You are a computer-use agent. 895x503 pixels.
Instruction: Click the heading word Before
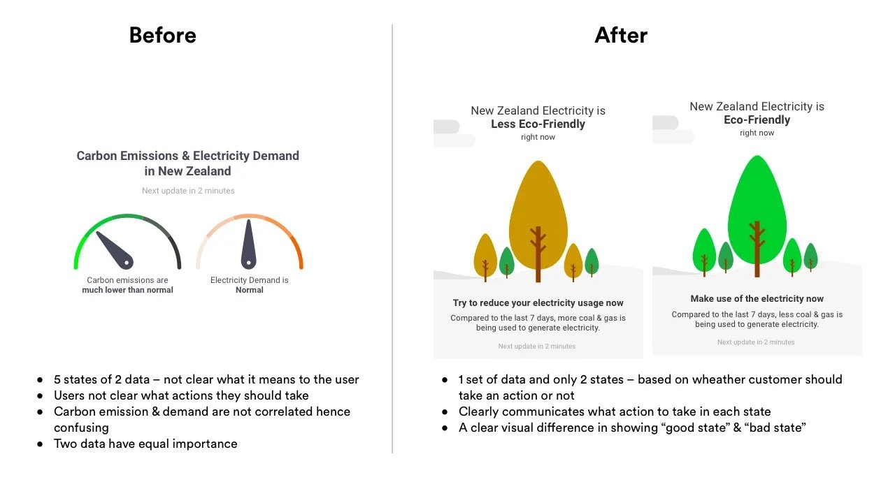[162, 35]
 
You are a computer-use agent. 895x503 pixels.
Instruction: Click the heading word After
[621, 35]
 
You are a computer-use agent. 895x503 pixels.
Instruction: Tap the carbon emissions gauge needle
[113, 249]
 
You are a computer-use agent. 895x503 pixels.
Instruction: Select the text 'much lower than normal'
[127, 290]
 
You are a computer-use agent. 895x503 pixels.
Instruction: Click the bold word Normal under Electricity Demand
[250, 290]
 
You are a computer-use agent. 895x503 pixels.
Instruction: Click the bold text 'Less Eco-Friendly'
[538, 124]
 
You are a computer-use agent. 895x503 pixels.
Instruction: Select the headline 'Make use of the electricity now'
[757, 298]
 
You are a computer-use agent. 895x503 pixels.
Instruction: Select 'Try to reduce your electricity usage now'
[538, 302]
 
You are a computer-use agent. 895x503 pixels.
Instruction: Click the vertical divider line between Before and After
[392, 238]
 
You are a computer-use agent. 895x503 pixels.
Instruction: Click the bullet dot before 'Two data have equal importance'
[40, 444]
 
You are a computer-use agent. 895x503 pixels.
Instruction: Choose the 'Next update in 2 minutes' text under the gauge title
[188, 191]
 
